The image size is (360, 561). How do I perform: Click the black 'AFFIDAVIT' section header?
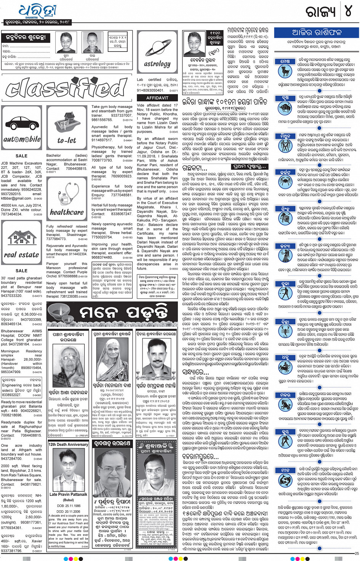pos(157,98)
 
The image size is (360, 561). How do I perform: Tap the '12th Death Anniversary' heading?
pos(68,444)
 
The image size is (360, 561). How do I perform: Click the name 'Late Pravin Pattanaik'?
pos(68,494)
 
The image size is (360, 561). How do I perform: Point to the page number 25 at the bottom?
pos(356,553)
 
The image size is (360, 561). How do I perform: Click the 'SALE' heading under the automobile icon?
pos(21,156)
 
